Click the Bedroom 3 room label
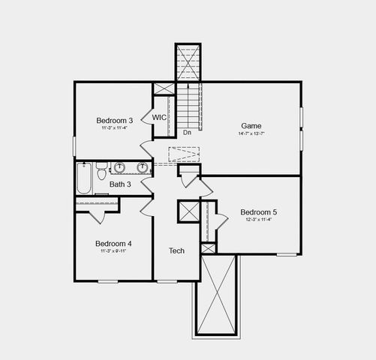coord(115,121)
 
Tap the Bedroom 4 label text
coord(113,244)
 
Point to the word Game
coord(251,125)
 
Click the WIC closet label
coord(159,118)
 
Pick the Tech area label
coord(176,250)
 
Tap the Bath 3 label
coord(120,184)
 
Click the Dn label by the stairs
coord(187,133)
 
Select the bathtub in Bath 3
coord(83,180)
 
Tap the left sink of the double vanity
coord(119,167)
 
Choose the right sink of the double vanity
coord(141,167)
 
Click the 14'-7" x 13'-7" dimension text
coord(251,133)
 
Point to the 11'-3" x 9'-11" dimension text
coord(113,252)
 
